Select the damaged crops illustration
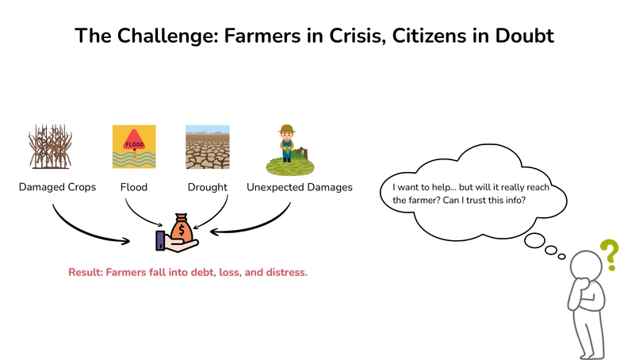(52, 148)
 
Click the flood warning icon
(134, 147)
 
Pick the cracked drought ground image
(207, 147)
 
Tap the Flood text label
(134, 188)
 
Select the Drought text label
(207, 188)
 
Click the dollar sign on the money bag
(181, 232)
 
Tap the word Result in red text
(86, 272)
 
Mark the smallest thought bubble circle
(561, 255)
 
